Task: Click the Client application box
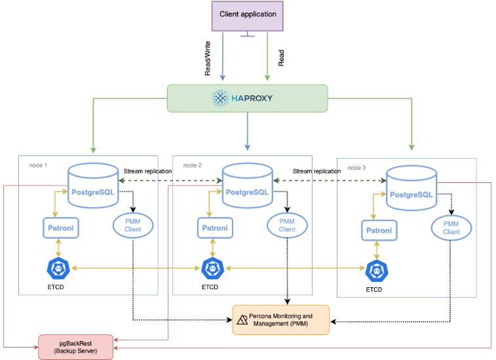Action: [247, 15]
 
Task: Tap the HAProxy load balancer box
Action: [247, 98]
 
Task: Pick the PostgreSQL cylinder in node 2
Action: [247, 186]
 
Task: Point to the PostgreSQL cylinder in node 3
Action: [411, 188]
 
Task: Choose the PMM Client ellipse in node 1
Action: [133, 225]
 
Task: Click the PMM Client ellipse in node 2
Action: [287, 225]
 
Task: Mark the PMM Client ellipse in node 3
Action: [451, 228]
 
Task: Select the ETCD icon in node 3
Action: [375, 270]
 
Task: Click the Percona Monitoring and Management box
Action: [280, 320]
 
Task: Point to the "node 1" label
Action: [38, 165]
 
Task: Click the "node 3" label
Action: [356, 168]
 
